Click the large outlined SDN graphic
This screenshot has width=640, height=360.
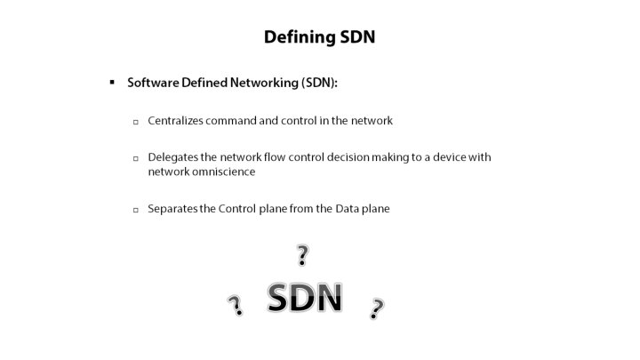[305, 298]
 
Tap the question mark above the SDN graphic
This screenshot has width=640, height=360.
[302, 256]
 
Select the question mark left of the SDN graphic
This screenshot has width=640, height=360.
[236, 307]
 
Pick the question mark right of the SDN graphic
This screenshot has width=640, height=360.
[377, 308]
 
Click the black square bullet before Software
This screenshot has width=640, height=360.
[113, 82]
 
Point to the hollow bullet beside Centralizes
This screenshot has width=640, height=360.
[135, 121]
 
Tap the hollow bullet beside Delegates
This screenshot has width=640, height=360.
[135, 158]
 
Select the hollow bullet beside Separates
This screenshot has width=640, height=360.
[135, 211]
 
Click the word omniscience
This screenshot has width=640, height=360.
[222, 172]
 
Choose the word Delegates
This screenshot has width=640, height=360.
[172, 157]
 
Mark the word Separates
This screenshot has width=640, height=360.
[172, 209]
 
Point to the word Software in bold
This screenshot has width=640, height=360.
[153, 82]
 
